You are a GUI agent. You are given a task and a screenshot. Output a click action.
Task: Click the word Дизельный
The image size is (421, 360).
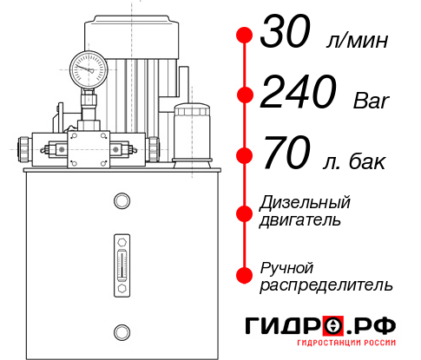tap(306, 203)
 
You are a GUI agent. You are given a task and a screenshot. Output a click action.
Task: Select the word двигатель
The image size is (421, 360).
tap(300, 220)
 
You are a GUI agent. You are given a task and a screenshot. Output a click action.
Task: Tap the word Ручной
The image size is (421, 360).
tap(286, 266)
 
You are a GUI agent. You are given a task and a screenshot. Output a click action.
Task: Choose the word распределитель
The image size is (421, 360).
tap(326, 285)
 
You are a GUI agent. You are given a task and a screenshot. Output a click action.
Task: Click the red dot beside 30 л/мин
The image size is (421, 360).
tap(245, 36)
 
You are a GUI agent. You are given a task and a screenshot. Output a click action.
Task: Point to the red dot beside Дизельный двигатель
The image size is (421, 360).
tap(245, 213)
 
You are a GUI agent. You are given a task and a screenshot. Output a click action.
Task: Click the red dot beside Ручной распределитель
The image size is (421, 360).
tap(245, 274)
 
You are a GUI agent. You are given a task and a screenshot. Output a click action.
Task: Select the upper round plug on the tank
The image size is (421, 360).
tap(120, 202)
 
